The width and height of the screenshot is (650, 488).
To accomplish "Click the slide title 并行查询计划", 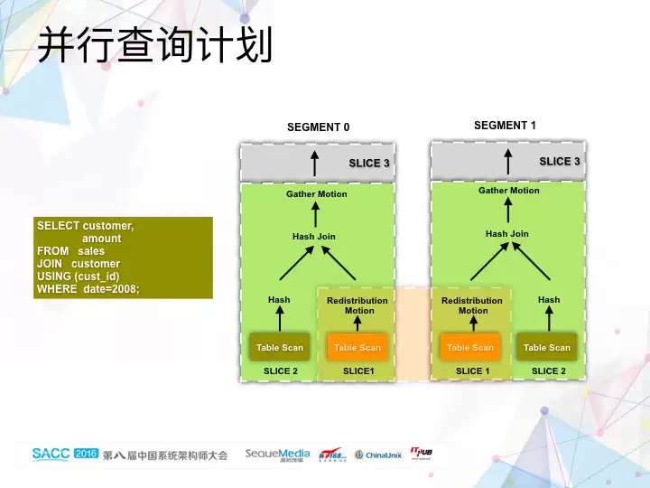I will (154, 45).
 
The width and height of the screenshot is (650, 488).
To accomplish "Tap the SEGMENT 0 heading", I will (318, 127).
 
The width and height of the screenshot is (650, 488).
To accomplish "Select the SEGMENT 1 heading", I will (505, 126).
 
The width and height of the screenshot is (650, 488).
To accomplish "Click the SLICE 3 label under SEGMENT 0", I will (369, 164).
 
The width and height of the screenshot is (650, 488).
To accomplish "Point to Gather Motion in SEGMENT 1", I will (509, 191).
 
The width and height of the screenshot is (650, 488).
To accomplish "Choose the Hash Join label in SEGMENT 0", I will (314, 237).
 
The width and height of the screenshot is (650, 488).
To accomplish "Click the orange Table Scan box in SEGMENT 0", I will (357, 347).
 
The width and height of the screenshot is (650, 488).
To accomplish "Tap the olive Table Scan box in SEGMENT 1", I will (547, 347).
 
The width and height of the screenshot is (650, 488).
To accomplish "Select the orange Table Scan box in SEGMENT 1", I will (470, 347).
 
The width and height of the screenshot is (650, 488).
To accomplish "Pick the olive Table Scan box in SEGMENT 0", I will (280, 347).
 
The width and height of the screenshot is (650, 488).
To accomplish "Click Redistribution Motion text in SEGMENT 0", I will (357, 305).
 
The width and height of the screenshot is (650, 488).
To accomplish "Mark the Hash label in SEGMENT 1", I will (549, 300).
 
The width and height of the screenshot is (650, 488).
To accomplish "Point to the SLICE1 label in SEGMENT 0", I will (358, 371).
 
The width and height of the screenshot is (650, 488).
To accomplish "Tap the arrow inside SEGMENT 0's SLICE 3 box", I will (315, 164).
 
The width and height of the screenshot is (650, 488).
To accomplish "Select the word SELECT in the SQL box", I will (58, 226).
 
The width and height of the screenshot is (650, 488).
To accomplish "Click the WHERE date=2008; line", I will (88, 289).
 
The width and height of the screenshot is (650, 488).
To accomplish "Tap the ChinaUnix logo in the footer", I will (378, 455).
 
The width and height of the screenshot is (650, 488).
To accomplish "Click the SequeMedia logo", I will (277, 455).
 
